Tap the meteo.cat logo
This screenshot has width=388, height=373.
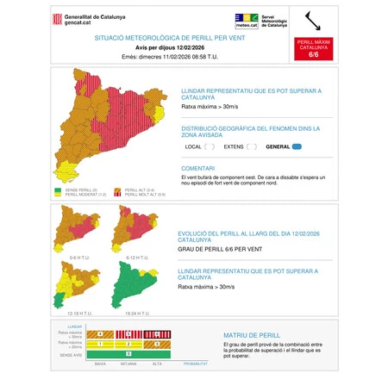pos(247,20)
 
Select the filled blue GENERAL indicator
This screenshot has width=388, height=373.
pos(297,146)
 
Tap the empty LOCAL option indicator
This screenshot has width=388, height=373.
pos(210,146)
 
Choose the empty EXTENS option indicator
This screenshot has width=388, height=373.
pos(252,146)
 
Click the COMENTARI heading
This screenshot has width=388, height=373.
pos(198,168)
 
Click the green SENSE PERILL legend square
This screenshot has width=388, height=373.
pos(58,190)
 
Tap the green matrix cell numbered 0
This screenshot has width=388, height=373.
pos(128,353)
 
